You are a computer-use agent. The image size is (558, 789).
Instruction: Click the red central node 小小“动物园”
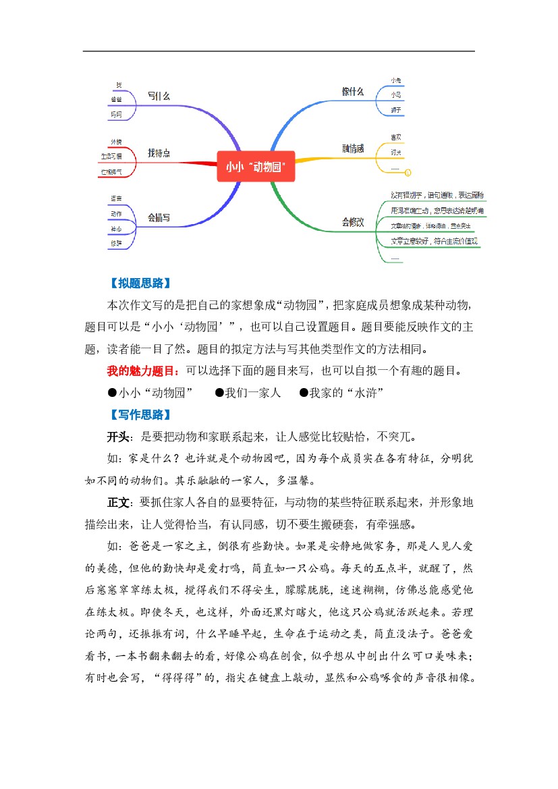coord(256,165)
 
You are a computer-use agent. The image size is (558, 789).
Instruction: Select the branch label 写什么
coord(159,97)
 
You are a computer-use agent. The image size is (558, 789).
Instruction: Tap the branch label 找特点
coord(159,154)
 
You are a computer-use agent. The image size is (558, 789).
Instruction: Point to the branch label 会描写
coord(159,218)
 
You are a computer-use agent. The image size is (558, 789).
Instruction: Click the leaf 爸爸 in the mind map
coord(117,99)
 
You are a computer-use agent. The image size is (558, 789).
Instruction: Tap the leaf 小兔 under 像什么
coord(395,81)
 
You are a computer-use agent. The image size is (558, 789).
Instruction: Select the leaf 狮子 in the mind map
coord(395,109)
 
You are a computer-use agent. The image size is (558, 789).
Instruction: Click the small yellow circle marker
coord(407,172)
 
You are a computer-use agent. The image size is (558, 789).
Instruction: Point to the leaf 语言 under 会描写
coord(116,198)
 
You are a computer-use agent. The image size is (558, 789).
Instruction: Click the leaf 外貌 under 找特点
coord(116,142)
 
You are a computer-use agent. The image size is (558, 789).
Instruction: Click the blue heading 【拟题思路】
coord(140,282)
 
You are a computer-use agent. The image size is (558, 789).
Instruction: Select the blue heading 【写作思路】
coord(140,414)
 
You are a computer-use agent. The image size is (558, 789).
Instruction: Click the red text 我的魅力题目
coord(142,371)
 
